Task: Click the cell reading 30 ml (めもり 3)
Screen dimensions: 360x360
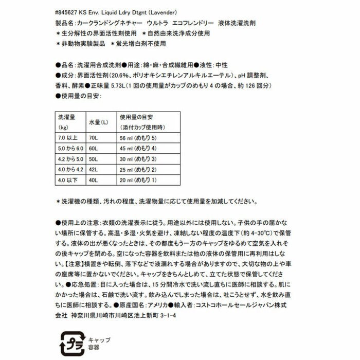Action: coord(137,158)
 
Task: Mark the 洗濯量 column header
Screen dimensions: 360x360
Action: coord(66,117)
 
